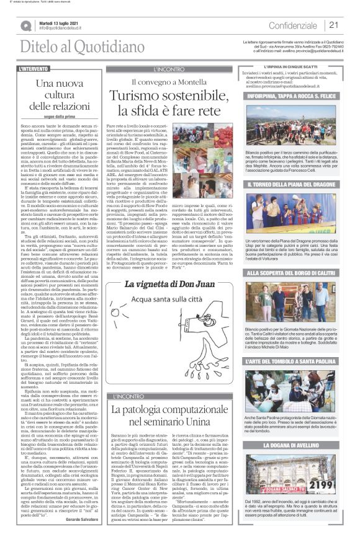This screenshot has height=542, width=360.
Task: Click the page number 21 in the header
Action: [x=334, y=25]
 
